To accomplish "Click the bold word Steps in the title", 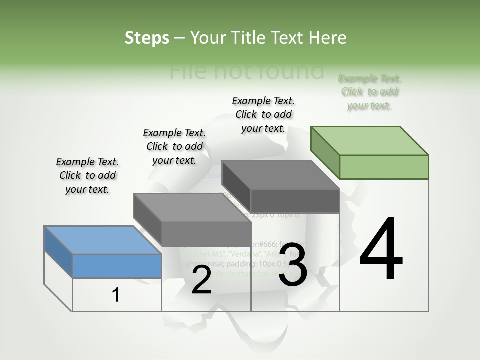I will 147,38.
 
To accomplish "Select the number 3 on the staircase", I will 293,265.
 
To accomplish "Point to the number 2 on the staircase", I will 201,280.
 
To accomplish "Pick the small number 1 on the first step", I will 116,295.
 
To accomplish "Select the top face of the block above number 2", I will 192,207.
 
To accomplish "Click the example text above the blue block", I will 87,175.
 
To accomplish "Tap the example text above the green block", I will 370,92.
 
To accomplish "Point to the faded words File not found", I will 246,71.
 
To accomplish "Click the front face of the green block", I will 384,167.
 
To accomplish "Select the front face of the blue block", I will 117,266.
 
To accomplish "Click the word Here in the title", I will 328,38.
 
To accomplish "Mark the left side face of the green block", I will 325,152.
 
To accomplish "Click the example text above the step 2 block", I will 174,146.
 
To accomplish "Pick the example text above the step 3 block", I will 263,114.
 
